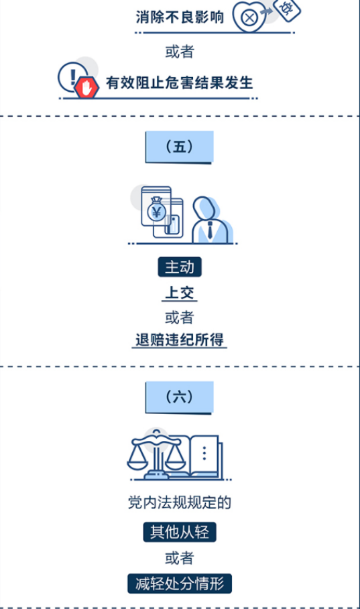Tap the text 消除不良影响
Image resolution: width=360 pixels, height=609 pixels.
coord(180,17)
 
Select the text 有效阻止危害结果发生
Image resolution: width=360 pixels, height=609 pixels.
coord(180,82)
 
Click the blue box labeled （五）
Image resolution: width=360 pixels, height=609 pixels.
coord(179,147)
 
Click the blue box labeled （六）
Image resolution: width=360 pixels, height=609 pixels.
coord(179,397)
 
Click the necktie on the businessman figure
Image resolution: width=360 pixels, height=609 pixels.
coord(210,230)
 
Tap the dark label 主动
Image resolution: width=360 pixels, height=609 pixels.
coord(180,267)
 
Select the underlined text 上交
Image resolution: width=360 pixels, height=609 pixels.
coord(180,293)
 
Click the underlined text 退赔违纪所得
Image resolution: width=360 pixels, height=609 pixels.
coord(180,340)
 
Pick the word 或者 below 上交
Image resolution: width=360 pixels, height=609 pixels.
coord(180,318)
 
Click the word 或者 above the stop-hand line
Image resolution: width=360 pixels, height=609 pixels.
coord(180,52)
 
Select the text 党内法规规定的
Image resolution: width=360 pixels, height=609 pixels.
coord(180,502)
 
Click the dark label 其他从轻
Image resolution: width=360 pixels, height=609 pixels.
coord(180,532)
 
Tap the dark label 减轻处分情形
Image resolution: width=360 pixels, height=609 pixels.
coord(180,584)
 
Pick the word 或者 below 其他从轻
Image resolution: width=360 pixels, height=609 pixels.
coord(180,558)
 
